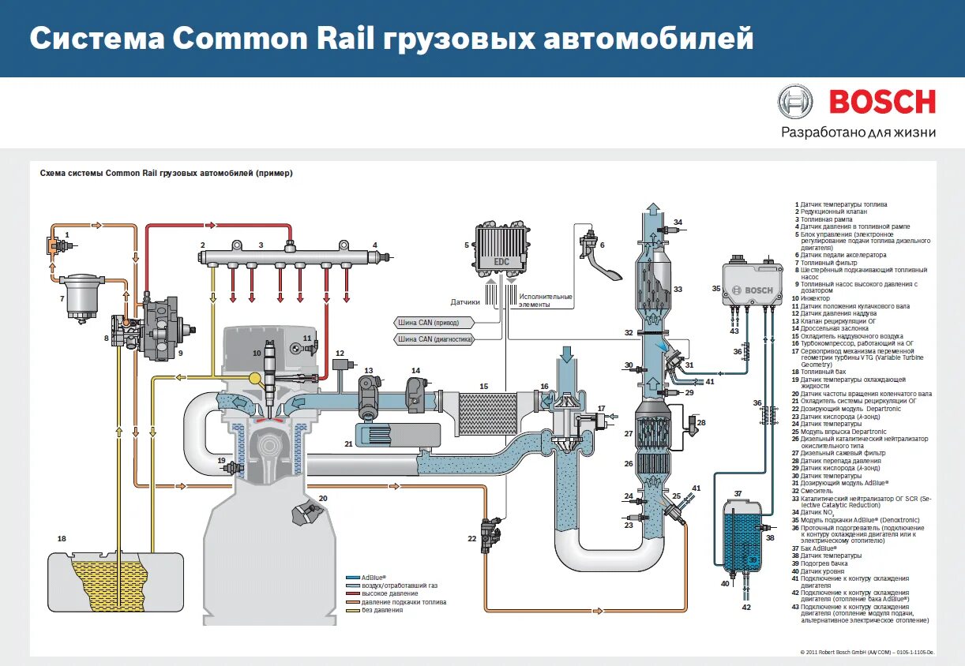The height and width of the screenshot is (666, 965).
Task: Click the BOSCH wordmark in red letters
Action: click(x=882, y=102)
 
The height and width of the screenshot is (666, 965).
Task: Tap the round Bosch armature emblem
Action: click(x=794, y=103)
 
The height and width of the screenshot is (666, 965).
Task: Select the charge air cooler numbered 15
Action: click(x=484, y=411)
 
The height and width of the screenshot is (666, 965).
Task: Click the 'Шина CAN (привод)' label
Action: click(x=435, y=322)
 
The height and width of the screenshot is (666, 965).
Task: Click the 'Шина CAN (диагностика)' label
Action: click(x=435, y=339)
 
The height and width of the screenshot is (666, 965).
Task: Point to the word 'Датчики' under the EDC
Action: click(x=465, y=301)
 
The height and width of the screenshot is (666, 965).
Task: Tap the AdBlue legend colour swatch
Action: click(x=356, y=577)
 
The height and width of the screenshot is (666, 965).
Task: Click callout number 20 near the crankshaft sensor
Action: click(x=322, y=499)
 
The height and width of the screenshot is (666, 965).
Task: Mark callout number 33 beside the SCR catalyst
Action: click(x=678, y=290)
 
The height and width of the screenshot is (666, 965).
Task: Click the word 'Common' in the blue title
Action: click(x=235, y=38)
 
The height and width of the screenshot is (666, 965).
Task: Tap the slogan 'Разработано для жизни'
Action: click(x=858, y=133)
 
